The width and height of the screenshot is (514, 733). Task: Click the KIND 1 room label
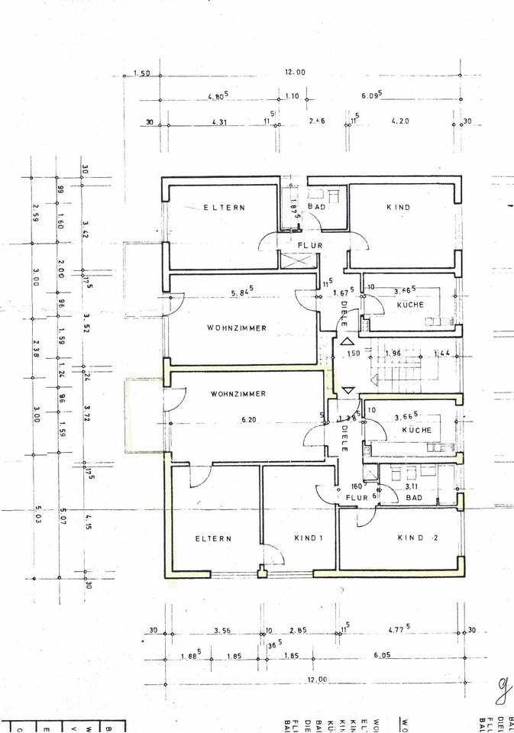click(x=309, y=538)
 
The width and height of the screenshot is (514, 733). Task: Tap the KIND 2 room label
click(x=417, y=538)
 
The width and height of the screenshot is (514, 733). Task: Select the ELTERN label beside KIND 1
click(x=213, y=538)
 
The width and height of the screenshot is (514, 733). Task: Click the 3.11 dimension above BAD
click(x=411, y=486)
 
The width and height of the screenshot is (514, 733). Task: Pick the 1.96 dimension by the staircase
click(x=394, y=353)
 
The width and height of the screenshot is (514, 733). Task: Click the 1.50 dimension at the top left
click(x=141, y=73)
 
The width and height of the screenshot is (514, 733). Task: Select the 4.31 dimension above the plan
click(x=220, y=122)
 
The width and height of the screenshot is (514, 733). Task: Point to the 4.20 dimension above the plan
click(x=401, y=121)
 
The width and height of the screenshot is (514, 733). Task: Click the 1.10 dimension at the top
click(x=292, y=97)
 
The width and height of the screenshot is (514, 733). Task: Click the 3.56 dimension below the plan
click(x=223, y=631)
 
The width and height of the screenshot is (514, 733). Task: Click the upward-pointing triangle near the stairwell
click(x=348, y=343)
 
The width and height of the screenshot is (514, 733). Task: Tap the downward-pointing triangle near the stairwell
click(x=348, y=390)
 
